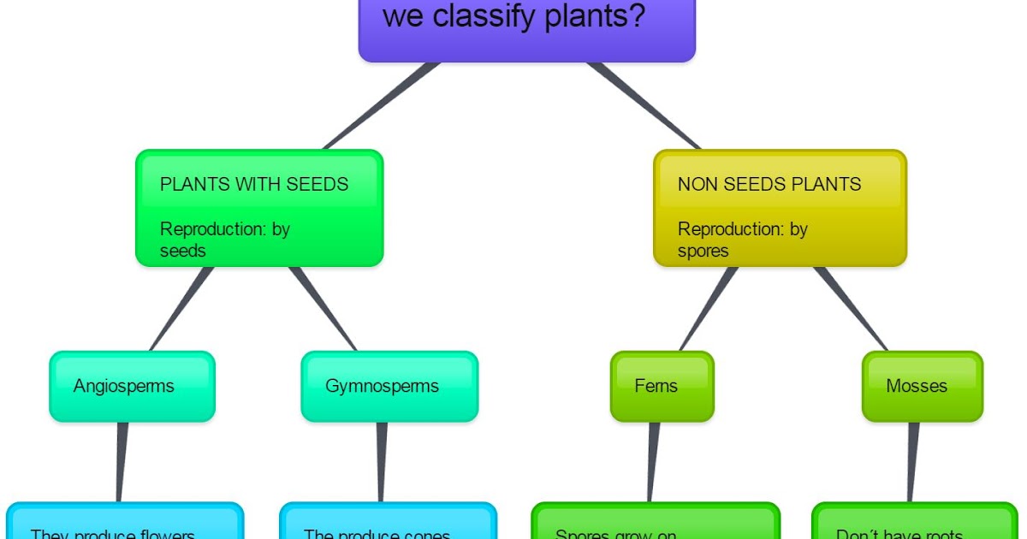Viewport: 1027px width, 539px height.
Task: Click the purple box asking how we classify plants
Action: coord(526,30)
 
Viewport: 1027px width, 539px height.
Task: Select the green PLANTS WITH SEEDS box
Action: coord(259,209)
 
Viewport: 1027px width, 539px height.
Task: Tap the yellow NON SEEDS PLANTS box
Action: coord(780,209)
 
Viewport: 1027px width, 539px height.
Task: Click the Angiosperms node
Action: coord(132,387)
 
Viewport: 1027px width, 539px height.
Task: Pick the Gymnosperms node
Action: coord(389,387)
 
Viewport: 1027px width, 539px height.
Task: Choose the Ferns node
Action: coord(662,387)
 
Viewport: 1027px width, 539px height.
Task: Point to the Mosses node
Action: coord(922,387)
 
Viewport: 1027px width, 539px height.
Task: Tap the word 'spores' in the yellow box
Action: coord(703,252)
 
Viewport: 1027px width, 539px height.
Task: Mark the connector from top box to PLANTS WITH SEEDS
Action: coord(381,106)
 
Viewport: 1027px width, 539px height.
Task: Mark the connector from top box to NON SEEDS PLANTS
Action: coord(644,106)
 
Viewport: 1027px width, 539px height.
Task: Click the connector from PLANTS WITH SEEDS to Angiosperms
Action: coord(181,309)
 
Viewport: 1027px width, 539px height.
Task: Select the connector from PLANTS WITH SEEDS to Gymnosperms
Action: coord(324,309)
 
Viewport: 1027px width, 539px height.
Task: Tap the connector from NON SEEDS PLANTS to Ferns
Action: coord(708,309)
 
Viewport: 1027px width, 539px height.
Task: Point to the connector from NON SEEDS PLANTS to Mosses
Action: coord(850,309)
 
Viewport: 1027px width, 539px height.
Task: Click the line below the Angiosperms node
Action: coord(122,462)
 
